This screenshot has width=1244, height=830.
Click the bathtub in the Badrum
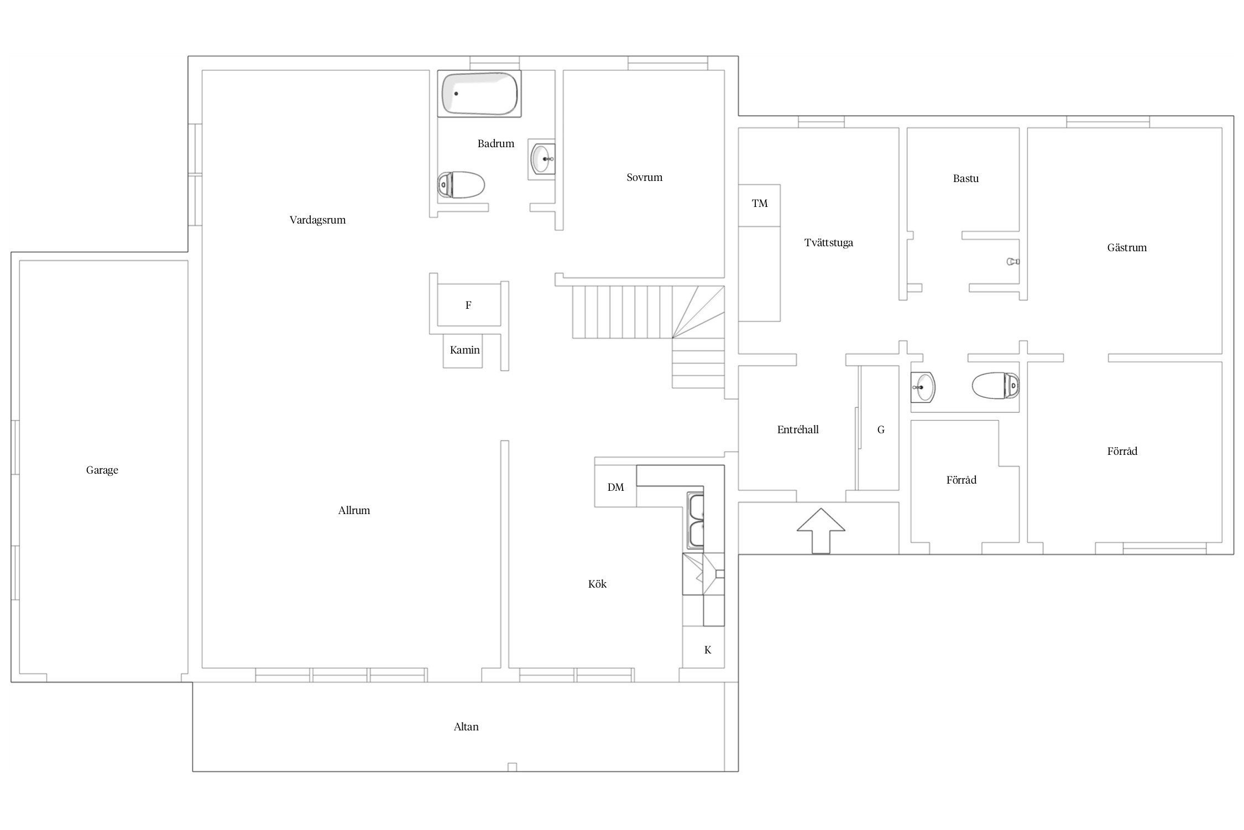click(479, 94)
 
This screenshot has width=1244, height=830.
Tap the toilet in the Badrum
click(461, 184)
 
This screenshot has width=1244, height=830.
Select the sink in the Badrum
click(542, 159)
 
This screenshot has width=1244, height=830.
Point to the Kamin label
click(464, 350)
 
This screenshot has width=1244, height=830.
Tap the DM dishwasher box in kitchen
click(615, 486)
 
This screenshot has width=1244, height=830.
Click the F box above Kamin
click(469, 305)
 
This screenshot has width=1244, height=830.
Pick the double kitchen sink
click(696, 521)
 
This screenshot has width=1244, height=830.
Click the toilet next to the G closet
click(996, 385)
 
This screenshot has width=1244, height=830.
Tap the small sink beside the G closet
click(923, 387)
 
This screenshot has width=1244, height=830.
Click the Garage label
click(102, 470)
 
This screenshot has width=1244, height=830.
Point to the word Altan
click(466, 727)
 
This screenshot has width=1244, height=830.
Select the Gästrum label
click(1127, 248)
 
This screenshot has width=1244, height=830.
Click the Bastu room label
click(966, 179)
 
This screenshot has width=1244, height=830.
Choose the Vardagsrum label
click(318, 220)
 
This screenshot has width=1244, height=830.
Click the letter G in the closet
click(881, 429)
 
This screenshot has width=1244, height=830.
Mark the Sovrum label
click(645, 178)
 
